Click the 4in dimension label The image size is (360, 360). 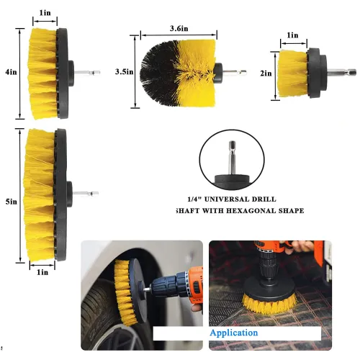click(x=9, y=73)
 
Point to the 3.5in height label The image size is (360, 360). click(x=123, y=71)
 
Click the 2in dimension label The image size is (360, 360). click(x=266, y=74)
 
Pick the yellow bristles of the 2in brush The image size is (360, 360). click(x=292, y=74)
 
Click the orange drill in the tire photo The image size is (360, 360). click(x=189, y=281)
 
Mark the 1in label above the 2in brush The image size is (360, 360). click(x=292, y=35)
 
